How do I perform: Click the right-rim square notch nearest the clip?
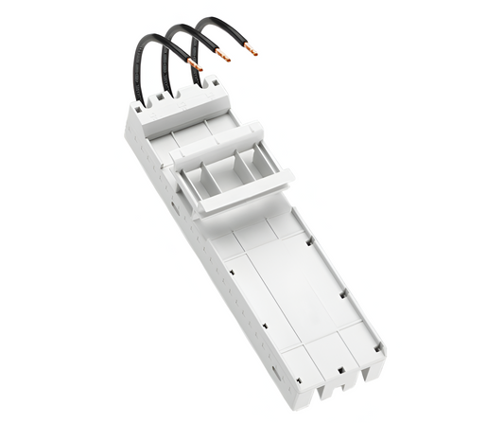pyautogui.click(x=311, y=242)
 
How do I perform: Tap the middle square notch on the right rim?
pyautogui.click(x=343, y=292)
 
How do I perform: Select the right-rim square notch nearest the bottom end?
pyautogui.click(x=376, y=347)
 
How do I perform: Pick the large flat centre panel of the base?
pyautogui.click(x=284, y=284)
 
